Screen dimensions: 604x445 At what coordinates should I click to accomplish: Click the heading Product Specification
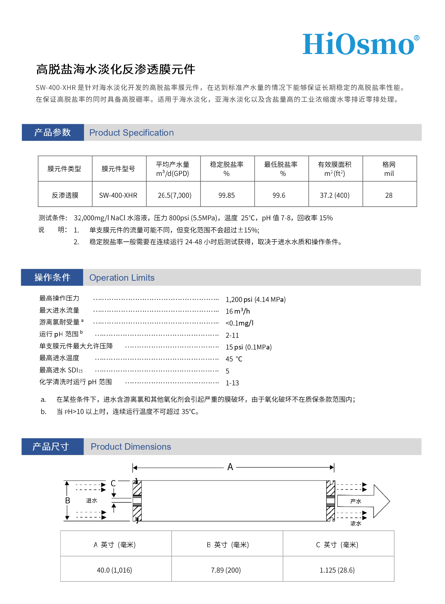tap(131, 133)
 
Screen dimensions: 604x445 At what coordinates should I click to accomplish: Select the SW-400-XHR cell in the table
tap(118, 195)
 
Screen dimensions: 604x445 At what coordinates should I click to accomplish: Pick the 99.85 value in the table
tap(227, 195)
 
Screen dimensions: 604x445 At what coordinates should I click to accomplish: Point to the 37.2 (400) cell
tap(335, 195)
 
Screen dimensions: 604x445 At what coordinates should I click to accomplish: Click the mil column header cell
tap(389, 169)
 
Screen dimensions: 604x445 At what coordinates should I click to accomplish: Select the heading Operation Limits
tap(122, 278)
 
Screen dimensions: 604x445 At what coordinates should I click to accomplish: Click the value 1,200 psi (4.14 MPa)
tap(255, 299)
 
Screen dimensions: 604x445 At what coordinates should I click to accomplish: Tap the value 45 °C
tap(234, 359)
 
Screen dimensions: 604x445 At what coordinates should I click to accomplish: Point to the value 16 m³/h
tap(238, 311)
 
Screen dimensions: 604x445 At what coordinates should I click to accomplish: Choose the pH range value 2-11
tap(232, 335)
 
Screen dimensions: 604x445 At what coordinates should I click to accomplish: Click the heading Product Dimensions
tap(131, 447)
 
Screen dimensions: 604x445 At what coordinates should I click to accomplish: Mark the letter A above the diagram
tap(230, 467)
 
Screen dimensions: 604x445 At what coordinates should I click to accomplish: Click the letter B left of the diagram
tap(67, 501)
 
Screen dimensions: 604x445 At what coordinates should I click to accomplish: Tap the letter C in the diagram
tap(113, 483)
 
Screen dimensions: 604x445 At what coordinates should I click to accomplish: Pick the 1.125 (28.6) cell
tap(337, 570)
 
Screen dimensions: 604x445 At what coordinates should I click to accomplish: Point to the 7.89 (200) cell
tap(226, 570)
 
